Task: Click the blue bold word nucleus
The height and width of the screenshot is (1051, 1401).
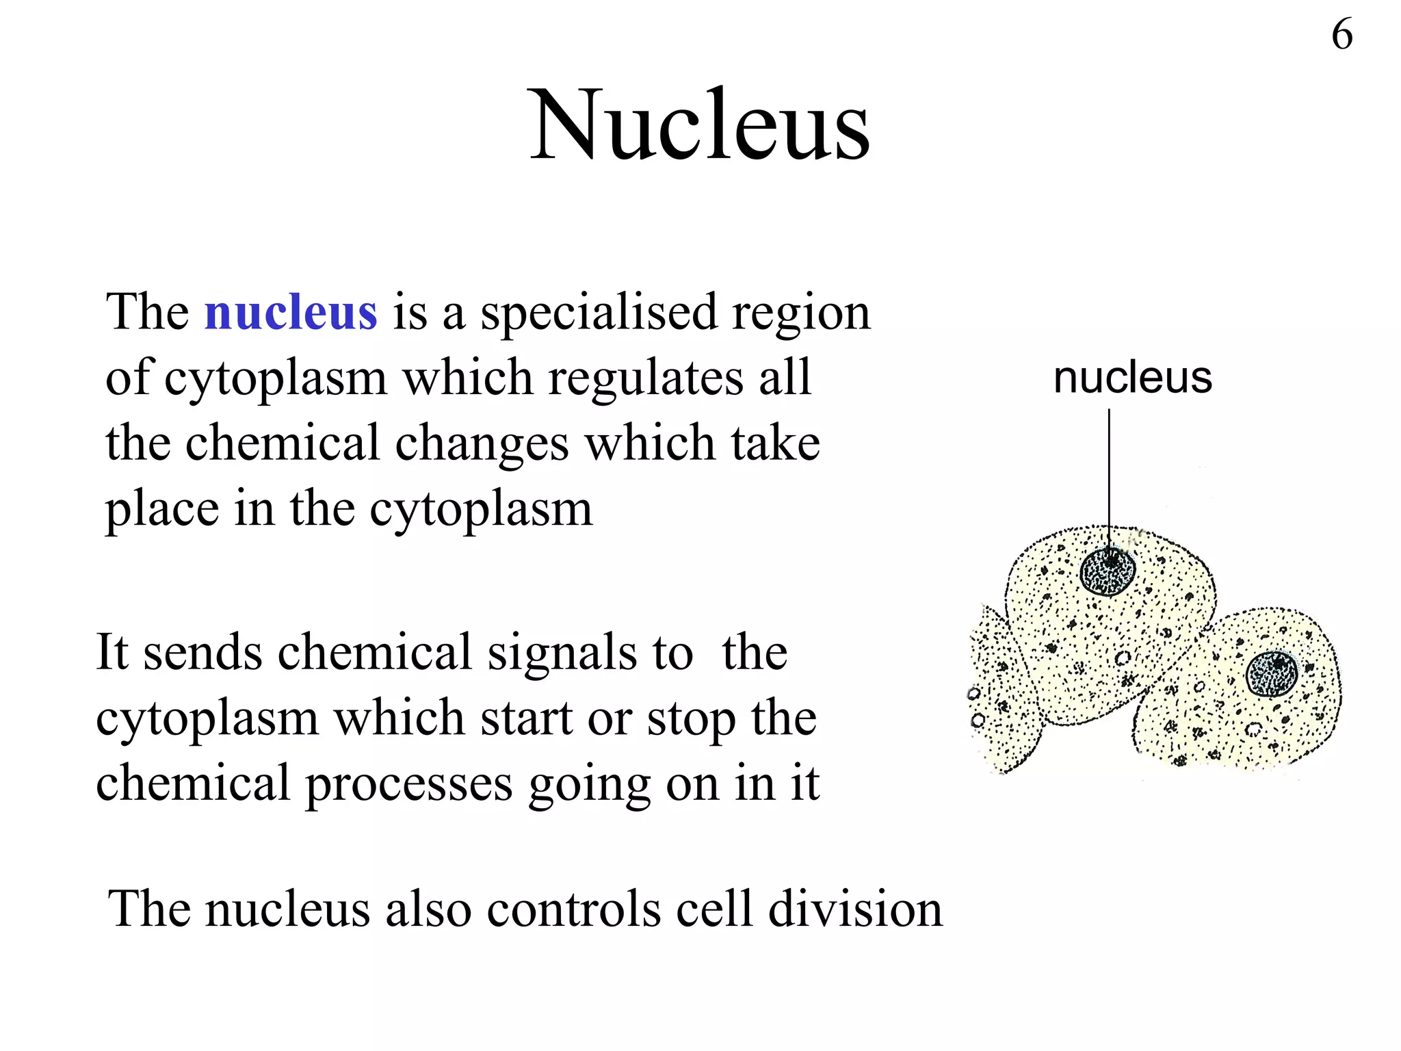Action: click(291, 312)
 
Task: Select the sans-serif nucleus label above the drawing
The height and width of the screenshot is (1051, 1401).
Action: click(1132, 378)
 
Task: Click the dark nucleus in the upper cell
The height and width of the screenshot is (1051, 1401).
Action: click(1108, 571)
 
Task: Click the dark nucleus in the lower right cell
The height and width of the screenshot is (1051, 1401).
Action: click(1272, 674)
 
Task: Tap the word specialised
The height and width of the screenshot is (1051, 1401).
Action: click(598, 312)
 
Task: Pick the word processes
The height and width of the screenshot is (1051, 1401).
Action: click(408, 783)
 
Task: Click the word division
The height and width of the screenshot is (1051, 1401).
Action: click(855, 909)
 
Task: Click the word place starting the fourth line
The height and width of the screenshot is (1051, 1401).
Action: click(161, 510)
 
